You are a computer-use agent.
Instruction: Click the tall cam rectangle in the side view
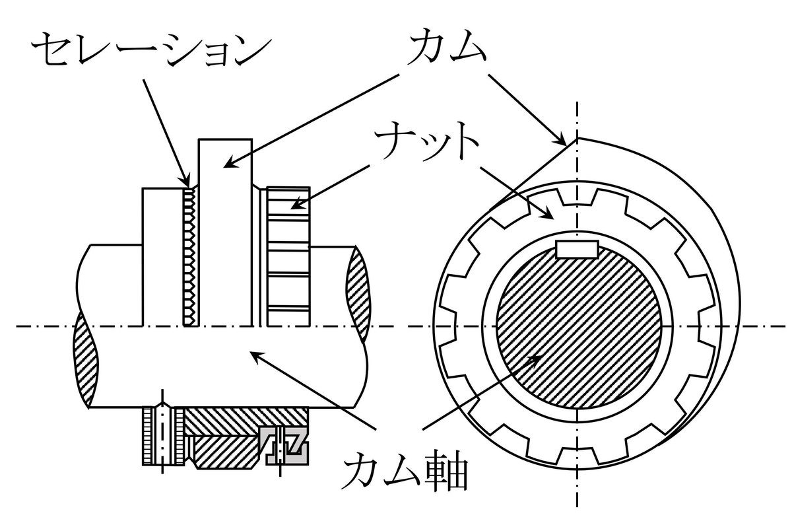coord(225,231)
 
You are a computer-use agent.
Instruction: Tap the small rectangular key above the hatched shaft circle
coord(577,250)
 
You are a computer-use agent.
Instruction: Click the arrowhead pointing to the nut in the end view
coord(549,215)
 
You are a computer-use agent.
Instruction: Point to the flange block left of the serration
coord(162,258)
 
